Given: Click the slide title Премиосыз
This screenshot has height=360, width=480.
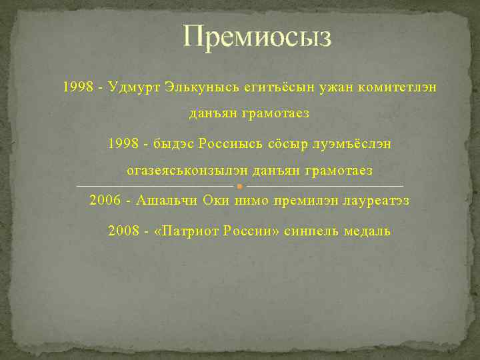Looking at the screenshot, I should click(x=257, y=38).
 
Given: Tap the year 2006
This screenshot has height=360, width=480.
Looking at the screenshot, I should click(x=105, y=200).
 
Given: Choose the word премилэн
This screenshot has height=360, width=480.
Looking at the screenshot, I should click(x=303, y=200).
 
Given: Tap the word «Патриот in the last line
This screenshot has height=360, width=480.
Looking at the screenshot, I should click(x=186, y=231).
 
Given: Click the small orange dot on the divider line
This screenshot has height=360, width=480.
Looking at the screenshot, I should click(x=239, y=186).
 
